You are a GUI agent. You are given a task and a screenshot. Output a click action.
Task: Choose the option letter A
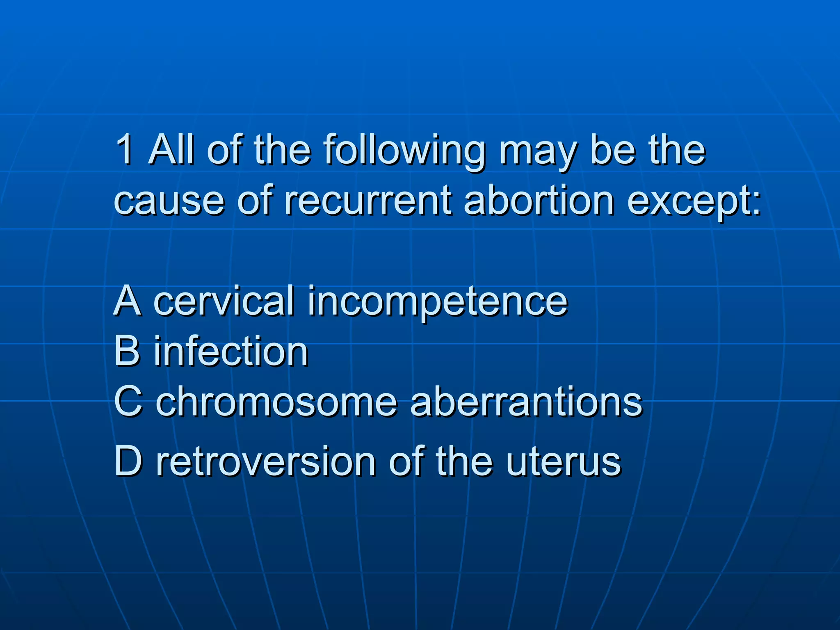[x=128, y=301]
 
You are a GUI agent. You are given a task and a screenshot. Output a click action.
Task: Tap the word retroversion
[x=265, y=461]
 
